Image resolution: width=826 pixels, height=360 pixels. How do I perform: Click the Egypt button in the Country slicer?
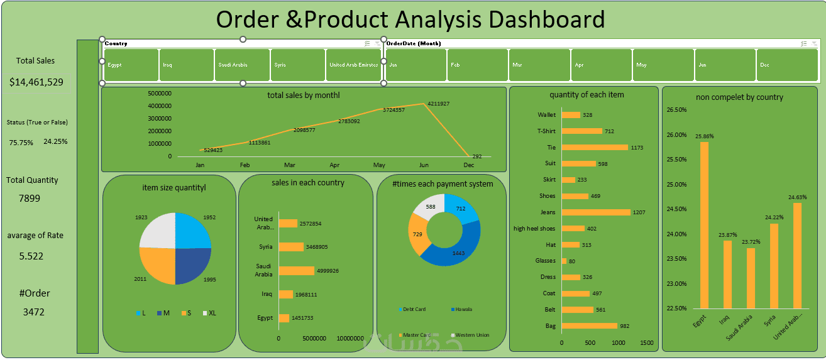pos(131,65)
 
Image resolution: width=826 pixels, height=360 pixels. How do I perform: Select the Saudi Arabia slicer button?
pos(242,65)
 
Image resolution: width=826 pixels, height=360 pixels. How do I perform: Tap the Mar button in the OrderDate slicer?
pos(538,65)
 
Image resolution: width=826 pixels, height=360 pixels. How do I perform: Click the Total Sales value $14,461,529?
pos(36,82)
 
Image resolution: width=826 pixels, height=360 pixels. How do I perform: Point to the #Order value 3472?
pos(34,312)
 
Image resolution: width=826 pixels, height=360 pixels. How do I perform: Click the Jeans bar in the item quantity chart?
pos(595,212)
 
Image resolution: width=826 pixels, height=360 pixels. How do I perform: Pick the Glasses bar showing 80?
pos(564,261)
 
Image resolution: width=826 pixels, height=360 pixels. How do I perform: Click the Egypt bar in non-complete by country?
pos(704,225)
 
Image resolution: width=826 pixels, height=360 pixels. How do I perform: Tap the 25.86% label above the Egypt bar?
pos(704,136)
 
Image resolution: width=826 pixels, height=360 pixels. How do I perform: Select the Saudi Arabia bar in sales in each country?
pos(296,271)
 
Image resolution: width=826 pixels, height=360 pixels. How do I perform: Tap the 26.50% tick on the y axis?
pos(676,110)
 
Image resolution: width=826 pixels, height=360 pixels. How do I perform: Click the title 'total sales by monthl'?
pos(304,95)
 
